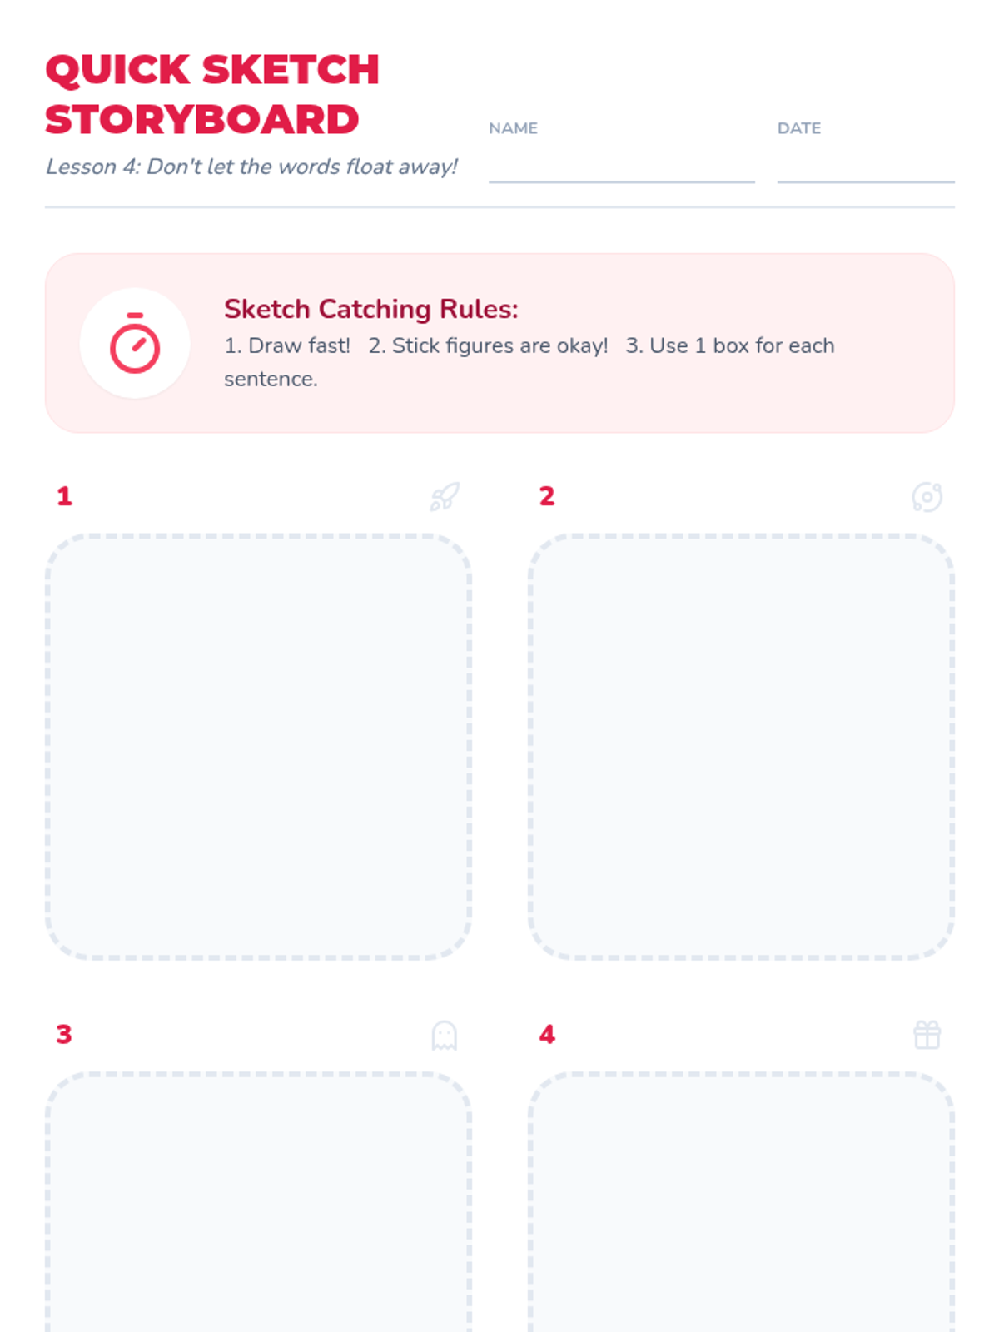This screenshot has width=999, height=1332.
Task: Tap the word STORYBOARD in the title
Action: [x=202, y=120]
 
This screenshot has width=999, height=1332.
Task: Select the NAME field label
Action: [x=513, y=128]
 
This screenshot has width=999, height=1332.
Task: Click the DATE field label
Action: [x=799, y=128]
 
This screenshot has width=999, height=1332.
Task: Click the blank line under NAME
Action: [x=622, y=181]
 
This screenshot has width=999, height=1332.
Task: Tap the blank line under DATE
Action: [x=866, y=181]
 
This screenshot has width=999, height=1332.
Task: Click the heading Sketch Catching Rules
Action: [x=371, y=309]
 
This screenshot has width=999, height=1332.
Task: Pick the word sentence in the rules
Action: [x=271, y=380]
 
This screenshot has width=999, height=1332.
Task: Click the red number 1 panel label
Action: [x=65, y=496]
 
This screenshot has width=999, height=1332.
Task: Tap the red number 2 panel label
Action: [x=547, y=496]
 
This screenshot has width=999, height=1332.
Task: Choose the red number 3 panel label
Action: [x=64, y=1035]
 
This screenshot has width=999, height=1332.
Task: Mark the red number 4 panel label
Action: [x=547, y=1035]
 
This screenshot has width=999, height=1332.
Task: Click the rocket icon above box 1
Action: [x=445, y=497]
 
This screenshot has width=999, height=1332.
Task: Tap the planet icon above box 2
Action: [x=927, y=498]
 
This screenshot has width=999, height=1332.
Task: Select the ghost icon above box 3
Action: [x=445, y=1036]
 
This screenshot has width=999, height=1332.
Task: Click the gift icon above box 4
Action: [x=927, y=1036]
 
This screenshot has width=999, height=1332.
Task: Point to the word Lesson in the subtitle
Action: [x=82, y=166]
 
